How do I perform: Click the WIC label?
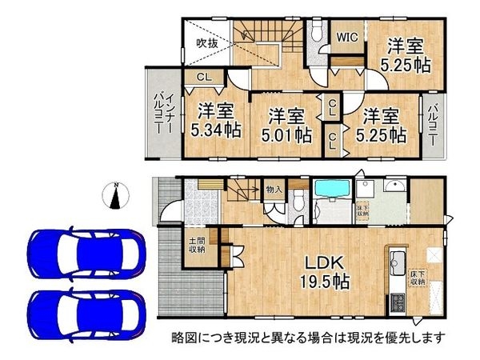346,36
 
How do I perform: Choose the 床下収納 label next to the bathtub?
362,210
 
